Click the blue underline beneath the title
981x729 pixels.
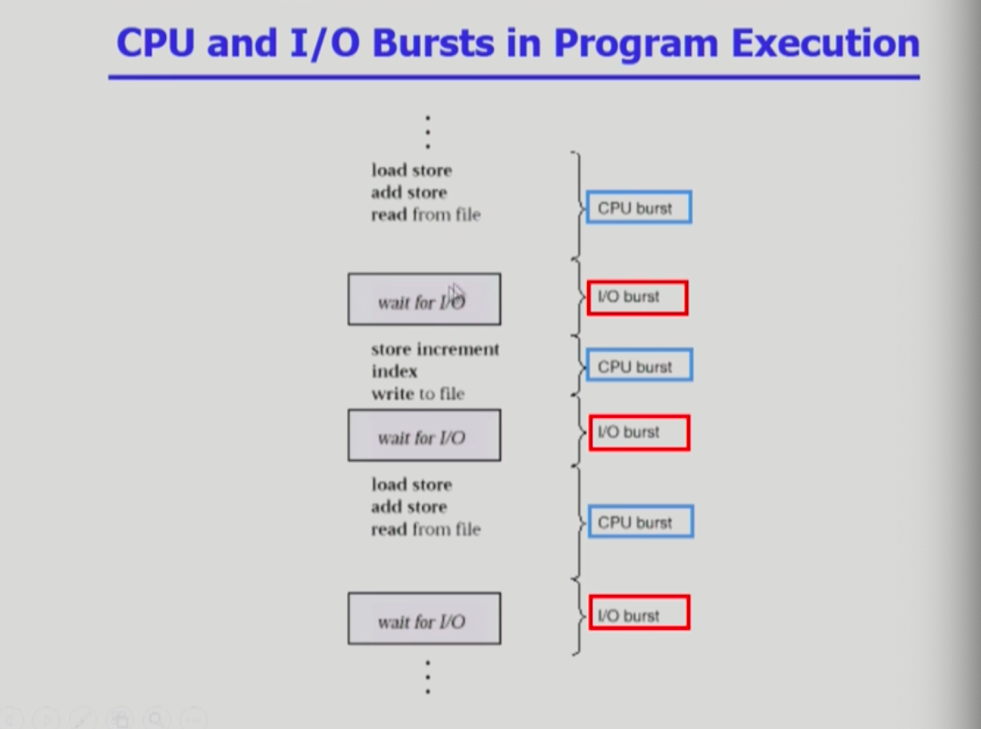point(513,77)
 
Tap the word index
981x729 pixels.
point(394,371)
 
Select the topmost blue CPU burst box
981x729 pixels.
point(639,208)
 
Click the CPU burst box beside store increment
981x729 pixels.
point(640,365)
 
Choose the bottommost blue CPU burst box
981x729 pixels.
point(640,521)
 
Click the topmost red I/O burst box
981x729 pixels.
point(638,298)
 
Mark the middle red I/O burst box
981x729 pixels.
point(640,432)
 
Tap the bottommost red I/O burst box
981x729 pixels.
point(640,613)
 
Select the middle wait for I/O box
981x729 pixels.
point(424,435)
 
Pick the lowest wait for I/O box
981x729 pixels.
point(424,618)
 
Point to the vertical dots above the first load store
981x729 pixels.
point(428,132)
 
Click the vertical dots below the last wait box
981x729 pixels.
point(428,677)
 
